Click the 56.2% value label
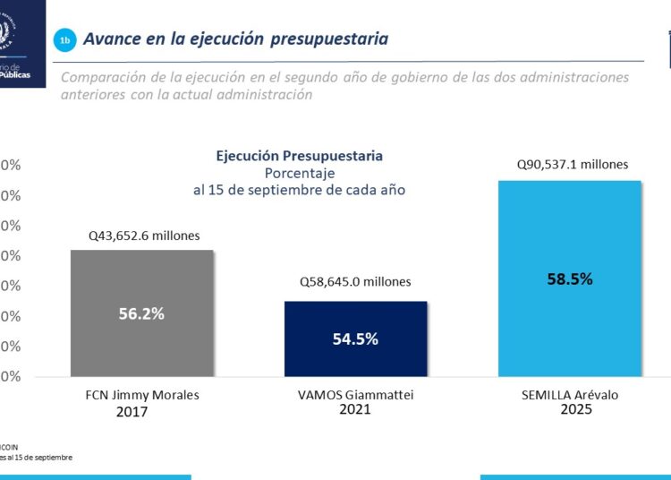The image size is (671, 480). point(141,313)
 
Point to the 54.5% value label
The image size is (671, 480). point(355,339)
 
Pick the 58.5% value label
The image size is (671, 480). point(570,279)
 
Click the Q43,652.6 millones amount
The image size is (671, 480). point(143,236)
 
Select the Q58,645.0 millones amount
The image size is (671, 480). point(355,282)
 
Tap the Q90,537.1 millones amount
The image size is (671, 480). point(573,165)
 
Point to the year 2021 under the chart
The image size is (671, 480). point(355,408)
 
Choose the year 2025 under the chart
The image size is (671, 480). point(575,409)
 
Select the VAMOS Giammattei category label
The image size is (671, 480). point(355,394)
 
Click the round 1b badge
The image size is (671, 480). point(64,40)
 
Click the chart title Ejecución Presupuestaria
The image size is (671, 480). point(299,156)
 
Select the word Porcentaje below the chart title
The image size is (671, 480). point(299,173)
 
